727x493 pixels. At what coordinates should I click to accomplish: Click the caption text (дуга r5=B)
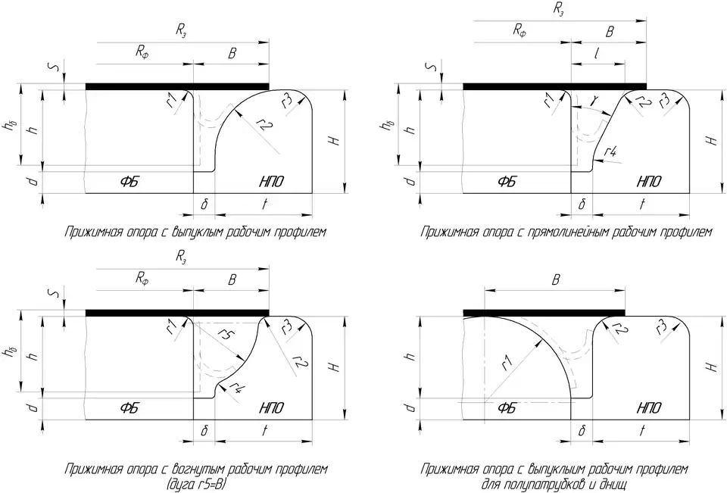196,482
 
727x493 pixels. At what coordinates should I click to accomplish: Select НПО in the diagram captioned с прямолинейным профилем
648,182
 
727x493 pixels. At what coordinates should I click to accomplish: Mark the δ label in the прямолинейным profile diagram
582,204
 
